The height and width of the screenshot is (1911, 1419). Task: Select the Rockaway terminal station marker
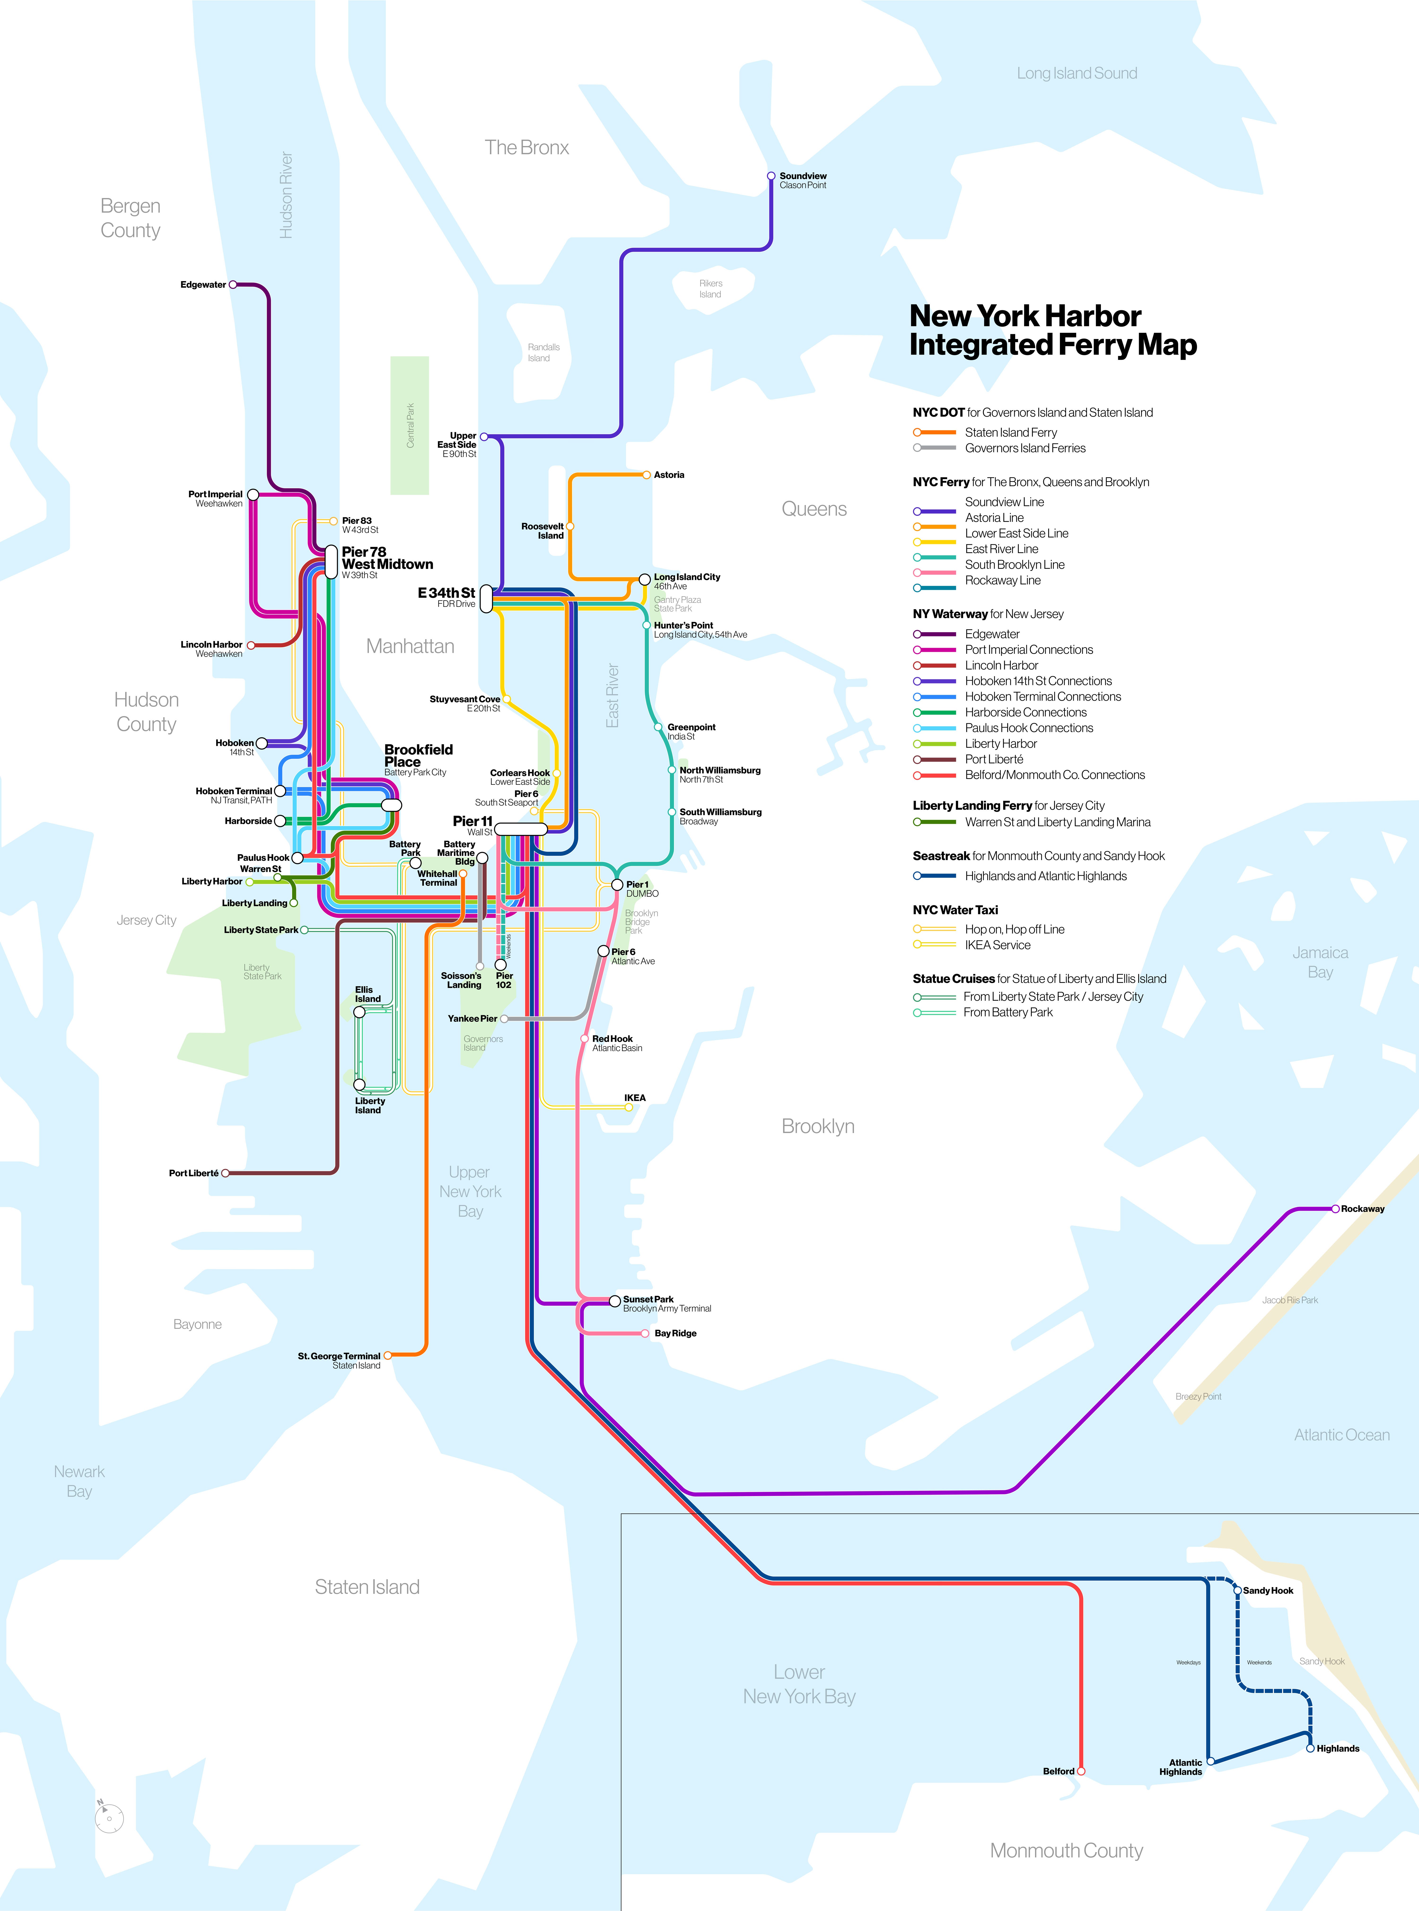coord(1335,1209)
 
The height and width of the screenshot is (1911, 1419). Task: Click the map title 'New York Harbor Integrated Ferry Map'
coord(1052,331)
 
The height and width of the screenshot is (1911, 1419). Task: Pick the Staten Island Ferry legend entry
coord(1010,433)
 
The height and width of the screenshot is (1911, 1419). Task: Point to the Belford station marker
coord(1081,1771)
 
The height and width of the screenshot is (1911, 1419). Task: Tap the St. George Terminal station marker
coord(387,1356)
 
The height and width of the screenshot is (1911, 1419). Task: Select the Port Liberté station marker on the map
coord(225,1173)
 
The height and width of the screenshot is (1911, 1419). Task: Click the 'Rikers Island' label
coord(710,288)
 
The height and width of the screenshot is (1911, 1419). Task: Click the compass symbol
coord(109,1817)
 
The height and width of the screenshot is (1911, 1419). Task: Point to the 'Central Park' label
coord(410,425)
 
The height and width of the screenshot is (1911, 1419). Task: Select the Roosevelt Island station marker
coord(569,526)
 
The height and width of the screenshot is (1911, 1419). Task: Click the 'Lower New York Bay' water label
coord(799,1684)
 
